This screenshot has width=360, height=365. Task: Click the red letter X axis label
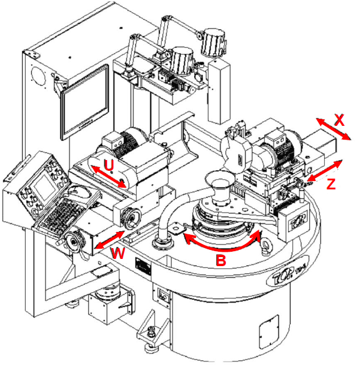point(339,119)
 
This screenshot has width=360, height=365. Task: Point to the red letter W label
point(119,254)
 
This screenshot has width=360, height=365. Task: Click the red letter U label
point(108,162)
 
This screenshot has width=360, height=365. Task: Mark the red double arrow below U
point(108,177)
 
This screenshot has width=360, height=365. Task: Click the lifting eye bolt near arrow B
point(262,234)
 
